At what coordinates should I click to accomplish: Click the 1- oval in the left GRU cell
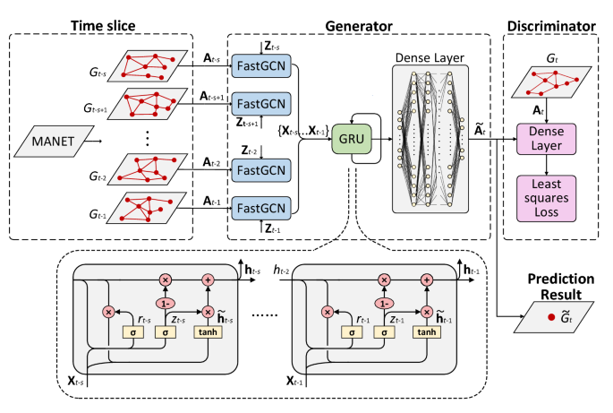pos(165,303)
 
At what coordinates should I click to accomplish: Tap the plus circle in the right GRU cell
pos(426,280)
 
